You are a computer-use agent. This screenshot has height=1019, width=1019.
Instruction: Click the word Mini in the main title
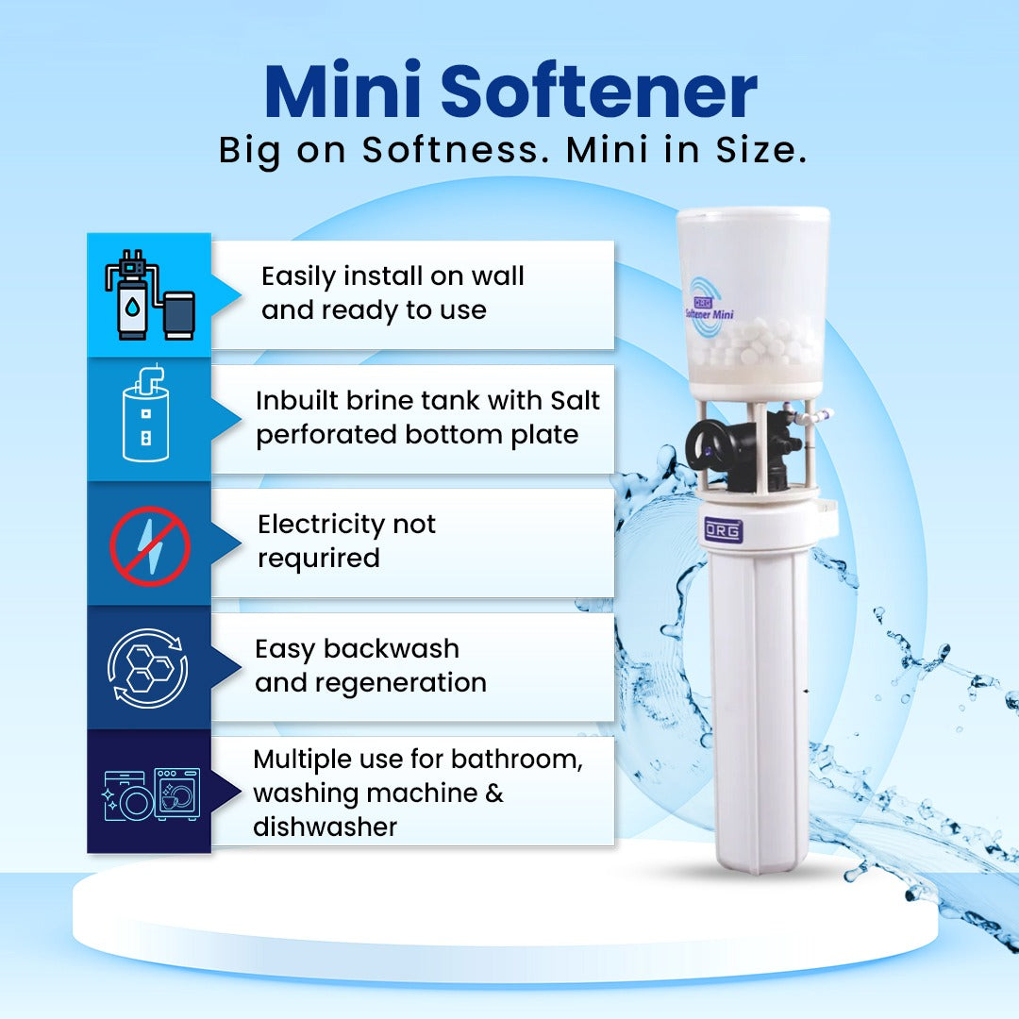(x=343, y=90)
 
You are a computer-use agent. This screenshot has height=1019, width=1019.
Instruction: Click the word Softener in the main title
(x=599, y=90)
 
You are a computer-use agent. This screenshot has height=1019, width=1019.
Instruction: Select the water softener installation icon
(x=149, y=294)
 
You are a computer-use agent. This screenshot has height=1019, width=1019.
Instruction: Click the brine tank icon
(x=146, y=413)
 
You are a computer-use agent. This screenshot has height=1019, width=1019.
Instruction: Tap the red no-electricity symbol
(x=149, y=546)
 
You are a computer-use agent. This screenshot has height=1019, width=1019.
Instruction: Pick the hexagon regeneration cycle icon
(x=148, y=668)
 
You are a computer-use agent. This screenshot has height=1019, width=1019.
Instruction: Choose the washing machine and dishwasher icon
(x=151, y=794)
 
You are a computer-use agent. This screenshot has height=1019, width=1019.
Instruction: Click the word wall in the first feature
(x=497, y=276)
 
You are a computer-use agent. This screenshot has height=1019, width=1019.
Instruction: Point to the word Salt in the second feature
(x=575, y=400)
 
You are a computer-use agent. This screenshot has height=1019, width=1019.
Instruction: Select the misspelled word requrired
(x=319, y=559)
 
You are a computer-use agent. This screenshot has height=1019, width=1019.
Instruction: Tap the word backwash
(x=392, y=648)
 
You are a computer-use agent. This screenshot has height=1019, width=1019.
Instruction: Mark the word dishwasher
(x=325, y=827)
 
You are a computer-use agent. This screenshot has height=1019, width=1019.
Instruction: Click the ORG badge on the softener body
(x=724, y=530)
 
